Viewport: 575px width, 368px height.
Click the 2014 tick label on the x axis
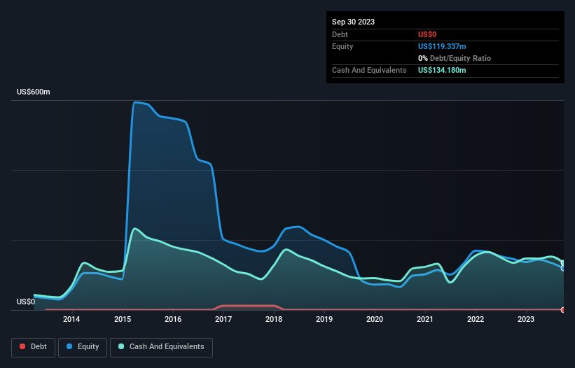(x=71, y=320)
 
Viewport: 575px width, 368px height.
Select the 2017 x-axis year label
(x=223, y=320)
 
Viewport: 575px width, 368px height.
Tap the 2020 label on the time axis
(x=375, y=320)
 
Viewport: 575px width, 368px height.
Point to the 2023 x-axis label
(x=526, y=320)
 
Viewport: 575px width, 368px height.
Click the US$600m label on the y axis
(x=33, y=92)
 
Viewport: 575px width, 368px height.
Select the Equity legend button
(x=83, y=347)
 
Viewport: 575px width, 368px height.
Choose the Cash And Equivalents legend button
(x=161, y=347)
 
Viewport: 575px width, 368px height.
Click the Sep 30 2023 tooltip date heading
(x=354, y=22)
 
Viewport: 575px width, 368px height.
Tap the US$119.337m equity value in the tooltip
(x=442, y=46)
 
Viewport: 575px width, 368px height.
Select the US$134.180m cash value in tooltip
(x=442, y=70)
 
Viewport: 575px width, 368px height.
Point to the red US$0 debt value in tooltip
(x=428, y=34)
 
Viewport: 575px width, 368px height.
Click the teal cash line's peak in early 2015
(x=134, y=229)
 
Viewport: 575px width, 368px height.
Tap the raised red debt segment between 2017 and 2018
(x=249, y=306)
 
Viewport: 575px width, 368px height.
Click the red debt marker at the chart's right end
(x=563, y=309)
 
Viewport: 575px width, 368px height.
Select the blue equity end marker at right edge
(x=563, y=268)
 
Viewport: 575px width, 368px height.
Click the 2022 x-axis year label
(x=476, y=320)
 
